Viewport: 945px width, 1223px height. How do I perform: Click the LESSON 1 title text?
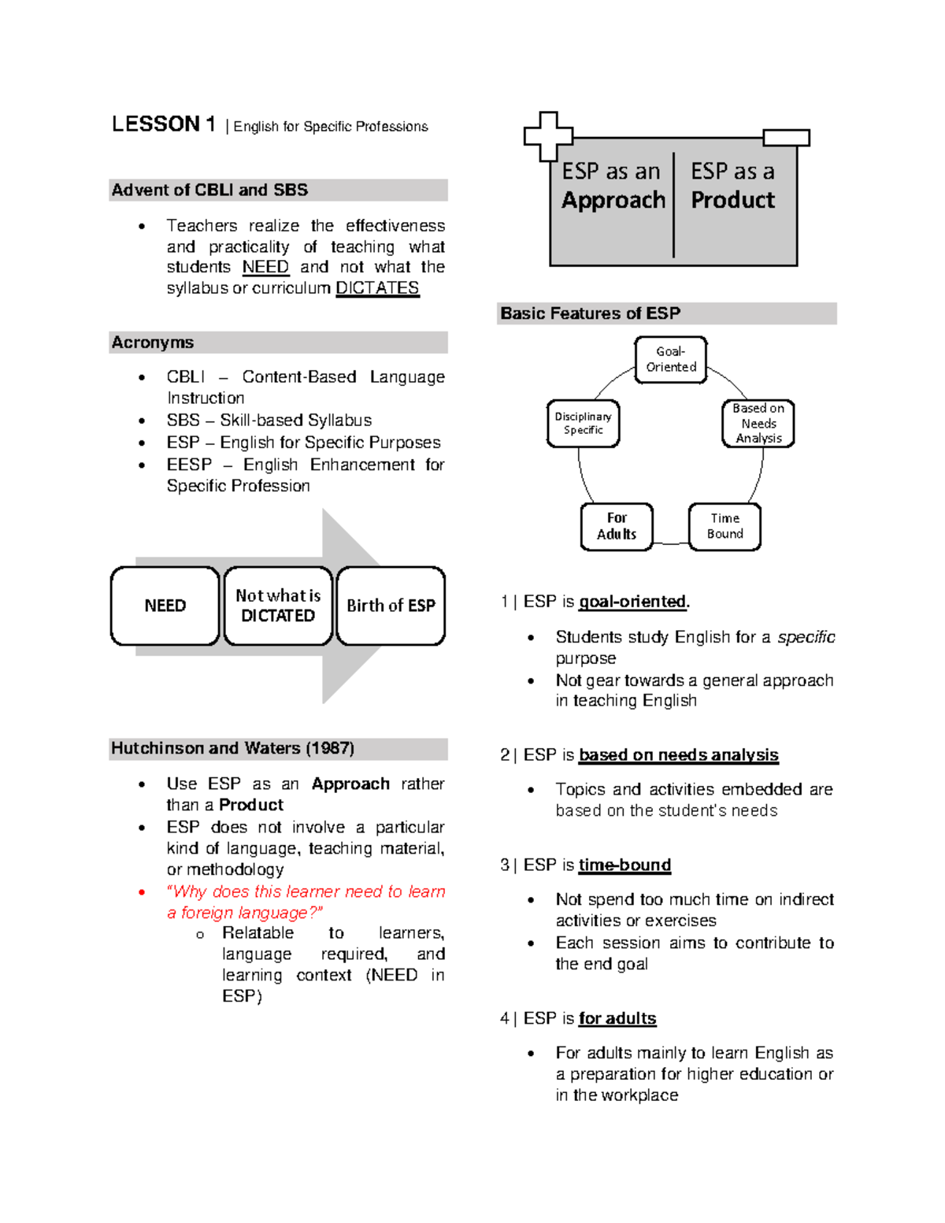point(163,124)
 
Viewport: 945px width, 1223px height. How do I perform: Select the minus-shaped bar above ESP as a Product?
point(786,139)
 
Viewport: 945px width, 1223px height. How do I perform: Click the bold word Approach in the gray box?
point(613,201)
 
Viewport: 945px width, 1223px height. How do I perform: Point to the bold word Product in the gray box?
point(732,201)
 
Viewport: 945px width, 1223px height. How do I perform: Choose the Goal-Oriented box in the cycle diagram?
point(671,360)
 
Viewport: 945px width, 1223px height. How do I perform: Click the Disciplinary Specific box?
point(583,424)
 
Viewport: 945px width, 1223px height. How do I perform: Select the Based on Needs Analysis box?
point(758,424)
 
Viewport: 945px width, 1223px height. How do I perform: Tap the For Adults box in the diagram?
point(617,526)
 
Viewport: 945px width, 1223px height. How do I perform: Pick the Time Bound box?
point(724,526)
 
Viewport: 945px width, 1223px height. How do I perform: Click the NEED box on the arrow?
point(165,606)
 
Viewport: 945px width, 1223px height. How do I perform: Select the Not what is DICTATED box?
point(278,606)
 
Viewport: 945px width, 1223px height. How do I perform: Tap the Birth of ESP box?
point(391,606)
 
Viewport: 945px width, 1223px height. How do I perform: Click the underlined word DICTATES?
point(377,288)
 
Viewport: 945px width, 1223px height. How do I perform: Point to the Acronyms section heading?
point(153,343)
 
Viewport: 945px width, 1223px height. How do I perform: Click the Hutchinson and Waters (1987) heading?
point(232,748)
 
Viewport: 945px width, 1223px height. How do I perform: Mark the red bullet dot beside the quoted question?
point(142,892)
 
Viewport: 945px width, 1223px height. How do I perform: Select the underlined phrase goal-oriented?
point(632,602)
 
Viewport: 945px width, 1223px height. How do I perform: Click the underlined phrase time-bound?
point(624,865)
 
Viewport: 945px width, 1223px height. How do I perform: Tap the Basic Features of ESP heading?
point(591,313)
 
